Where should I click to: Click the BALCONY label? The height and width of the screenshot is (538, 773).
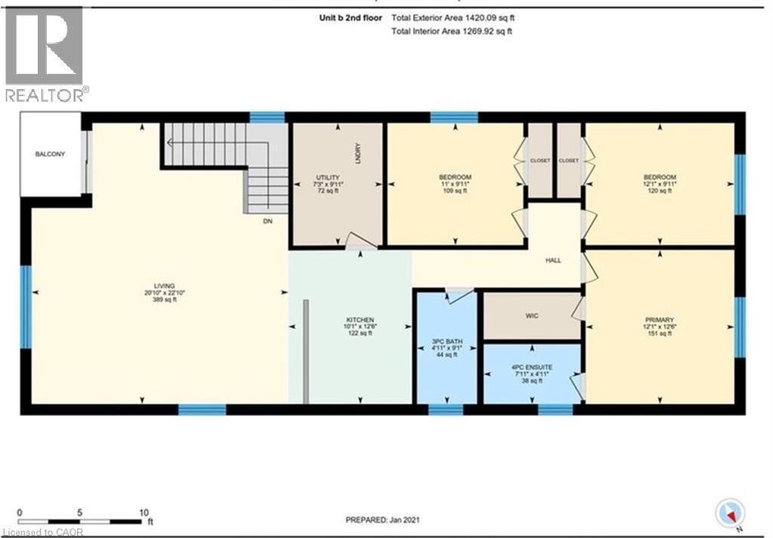click(x=50, y=155)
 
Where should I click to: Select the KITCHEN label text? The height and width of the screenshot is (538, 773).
click(x=350, y=319)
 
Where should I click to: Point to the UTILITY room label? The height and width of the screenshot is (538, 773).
click(x=327, y=177)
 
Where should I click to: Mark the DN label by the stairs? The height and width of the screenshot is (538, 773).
click(x=267, y=222)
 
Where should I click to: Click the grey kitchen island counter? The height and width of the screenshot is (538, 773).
click(x=306, y=352)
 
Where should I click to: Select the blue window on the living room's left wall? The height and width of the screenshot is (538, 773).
click(x=25, y=306)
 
